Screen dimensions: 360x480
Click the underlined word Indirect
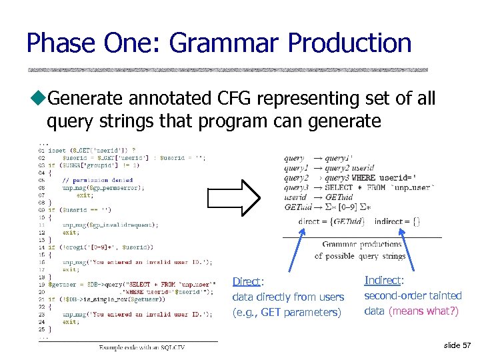tap(383, 281)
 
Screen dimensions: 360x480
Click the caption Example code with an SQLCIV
tap(141, 347)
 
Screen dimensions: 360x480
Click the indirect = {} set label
tap(397, 221)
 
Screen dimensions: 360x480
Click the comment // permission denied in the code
tap(97, 180)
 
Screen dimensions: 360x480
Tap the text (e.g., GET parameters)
tap(287, 313)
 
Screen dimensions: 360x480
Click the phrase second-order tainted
tap(413, 295)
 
